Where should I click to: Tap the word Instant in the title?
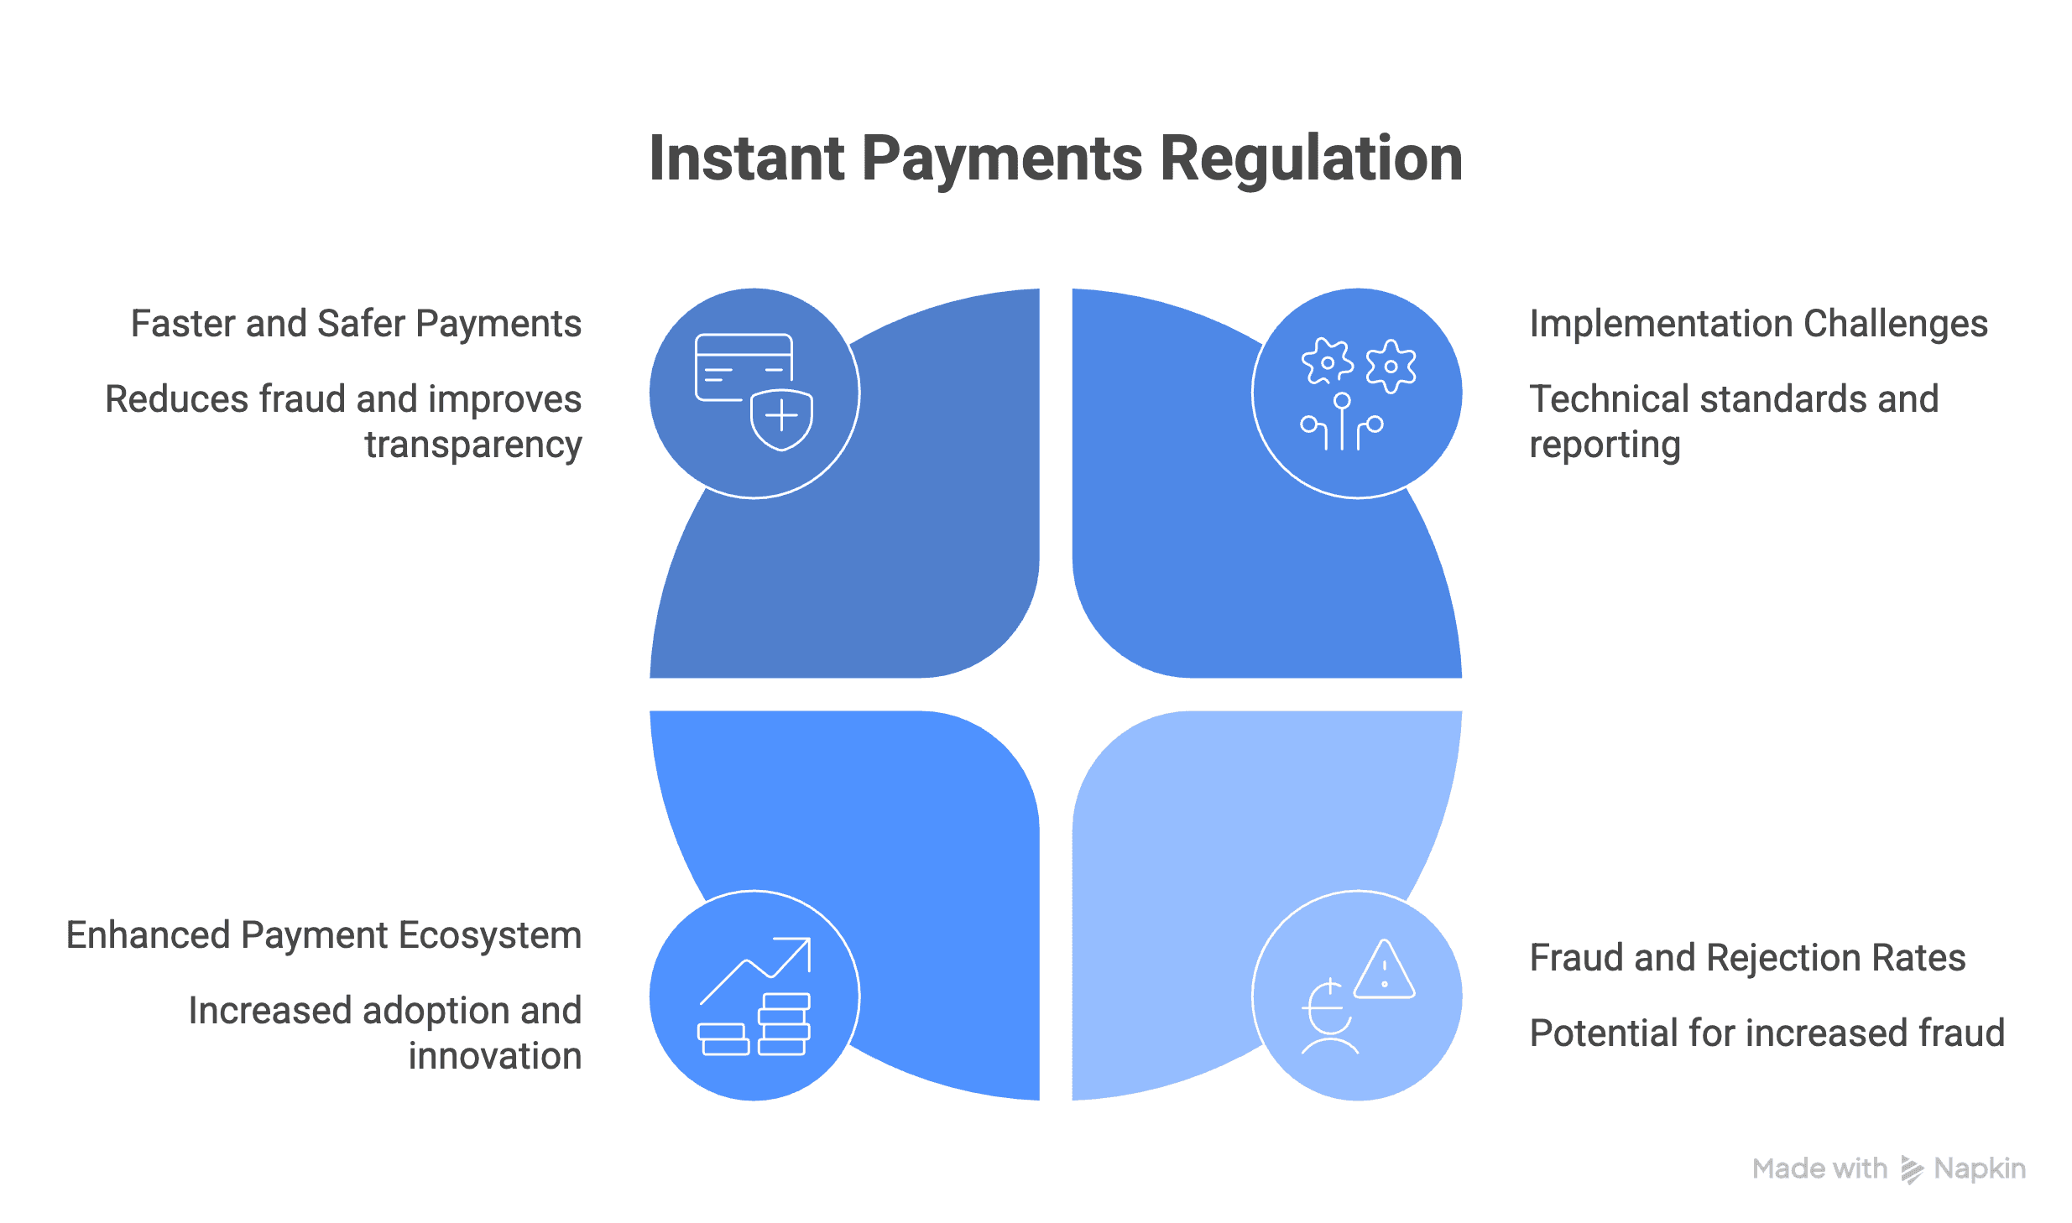coord(746,159)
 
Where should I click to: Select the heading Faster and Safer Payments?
coord(356,324)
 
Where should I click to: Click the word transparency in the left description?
coord(472,445)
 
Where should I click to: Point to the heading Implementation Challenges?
coord(1758,324)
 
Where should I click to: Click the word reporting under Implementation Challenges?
coord(1605,445)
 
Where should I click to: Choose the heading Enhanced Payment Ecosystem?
coord(324,935)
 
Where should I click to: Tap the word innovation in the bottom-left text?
coord(495,1056)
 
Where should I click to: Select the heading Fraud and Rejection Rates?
coord(1747,958)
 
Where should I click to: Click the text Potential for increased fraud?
coord(1767,1033)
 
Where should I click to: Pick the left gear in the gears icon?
coord(1327,363)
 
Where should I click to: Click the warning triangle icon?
coord(1385,971)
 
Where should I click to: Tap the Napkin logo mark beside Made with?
coord(1911,1169)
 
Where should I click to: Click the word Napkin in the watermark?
coord(1980,1168)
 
